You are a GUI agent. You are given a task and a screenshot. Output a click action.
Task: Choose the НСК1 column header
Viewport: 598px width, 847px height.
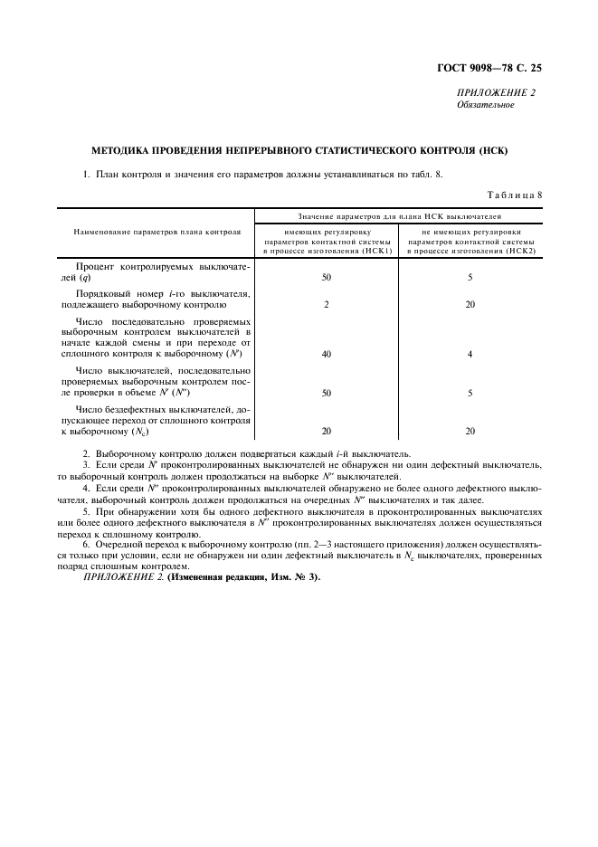[x=326, y=242]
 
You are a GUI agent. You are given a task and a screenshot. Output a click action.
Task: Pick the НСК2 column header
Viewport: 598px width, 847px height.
[x=470, y=242]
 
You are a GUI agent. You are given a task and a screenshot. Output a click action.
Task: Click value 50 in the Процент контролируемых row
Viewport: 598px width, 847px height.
[x=326, y=278]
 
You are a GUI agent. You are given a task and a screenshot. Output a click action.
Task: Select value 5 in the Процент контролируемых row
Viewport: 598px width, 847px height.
[x=470, y=278]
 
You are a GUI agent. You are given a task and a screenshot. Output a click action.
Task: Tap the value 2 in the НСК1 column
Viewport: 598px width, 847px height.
[x=326, y=304]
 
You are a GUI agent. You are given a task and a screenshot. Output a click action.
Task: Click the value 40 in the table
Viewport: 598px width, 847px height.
[x=326, y=354]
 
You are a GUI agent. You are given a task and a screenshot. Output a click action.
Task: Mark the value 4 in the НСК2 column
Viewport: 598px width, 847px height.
[x=470, y=354]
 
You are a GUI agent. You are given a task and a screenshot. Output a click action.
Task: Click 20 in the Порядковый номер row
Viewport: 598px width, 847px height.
[x=470, y=304]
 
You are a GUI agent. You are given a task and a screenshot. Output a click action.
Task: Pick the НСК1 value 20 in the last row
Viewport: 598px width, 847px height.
[x=326, y=432]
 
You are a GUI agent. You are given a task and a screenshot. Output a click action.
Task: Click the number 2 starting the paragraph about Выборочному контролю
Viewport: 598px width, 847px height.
[x=85, y=453]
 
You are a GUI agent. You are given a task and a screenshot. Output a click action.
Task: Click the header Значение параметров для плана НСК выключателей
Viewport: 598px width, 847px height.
[x=398, y=216]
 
